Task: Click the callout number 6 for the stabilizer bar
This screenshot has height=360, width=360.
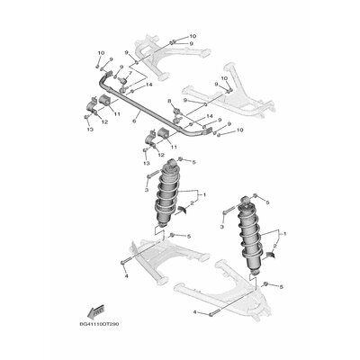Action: coord(134,121)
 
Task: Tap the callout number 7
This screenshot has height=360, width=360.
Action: coord(130,73)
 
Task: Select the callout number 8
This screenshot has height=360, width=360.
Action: coord(169,102)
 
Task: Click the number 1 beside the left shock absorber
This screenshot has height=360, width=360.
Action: coord(204,194)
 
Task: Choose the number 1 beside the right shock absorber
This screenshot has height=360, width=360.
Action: coord(284,234)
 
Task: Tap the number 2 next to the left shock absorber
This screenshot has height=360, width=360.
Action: coord(193,203)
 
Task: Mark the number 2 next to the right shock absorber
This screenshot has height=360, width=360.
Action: coord(274,246)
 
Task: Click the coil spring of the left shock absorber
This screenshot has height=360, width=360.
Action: coord(166,195)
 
